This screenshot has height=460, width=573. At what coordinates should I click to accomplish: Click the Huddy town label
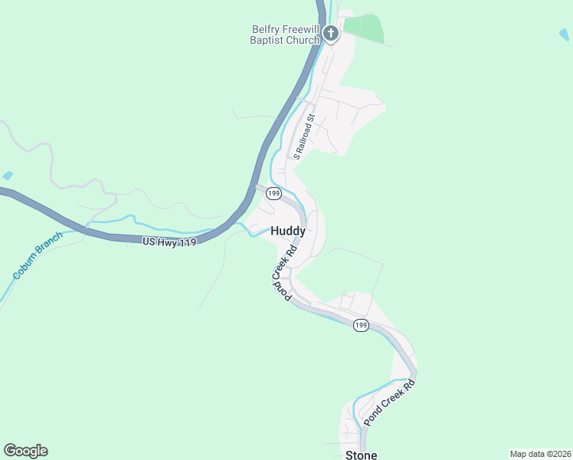tap(289, 231)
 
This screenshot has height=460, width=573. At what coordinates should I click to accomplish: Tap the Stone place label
tap(362, 455)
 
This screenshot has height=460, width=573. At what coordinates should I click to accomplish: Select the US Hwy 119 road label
tap(170, 242)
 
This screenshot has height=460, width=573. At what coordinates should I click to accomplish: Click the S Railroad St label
tap(303, 136)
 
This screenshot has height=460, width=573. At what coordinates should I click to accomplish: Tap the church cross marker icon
tap(331, 33)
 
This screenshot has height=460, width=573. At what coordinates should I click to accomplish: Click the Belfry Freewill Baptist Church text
tap(284, 34)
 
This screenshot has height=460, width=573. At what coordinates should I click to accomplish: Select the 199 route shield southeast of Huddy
tap(361, 326)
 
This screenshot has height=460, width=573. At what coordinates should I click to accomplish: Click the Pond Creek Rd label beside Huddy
tap(282, 273)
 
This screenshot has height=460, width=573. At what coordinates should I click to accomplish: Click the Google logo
tap(25, 451)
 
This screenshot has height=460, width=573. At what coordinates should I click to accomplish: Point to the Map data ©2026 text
tap(540, 454)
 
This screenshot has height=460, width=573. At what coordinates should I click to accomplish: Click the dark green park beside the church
tap(363, 28)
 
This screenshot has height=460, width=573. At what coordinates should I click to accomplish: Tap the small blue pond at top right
tap(564, 34)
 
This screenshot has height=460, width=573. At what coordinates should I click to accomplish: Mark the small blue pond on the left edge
tap(7, 176)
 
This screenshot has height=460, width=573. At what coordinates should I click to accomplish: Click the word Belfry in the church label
tap(268, 30)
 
